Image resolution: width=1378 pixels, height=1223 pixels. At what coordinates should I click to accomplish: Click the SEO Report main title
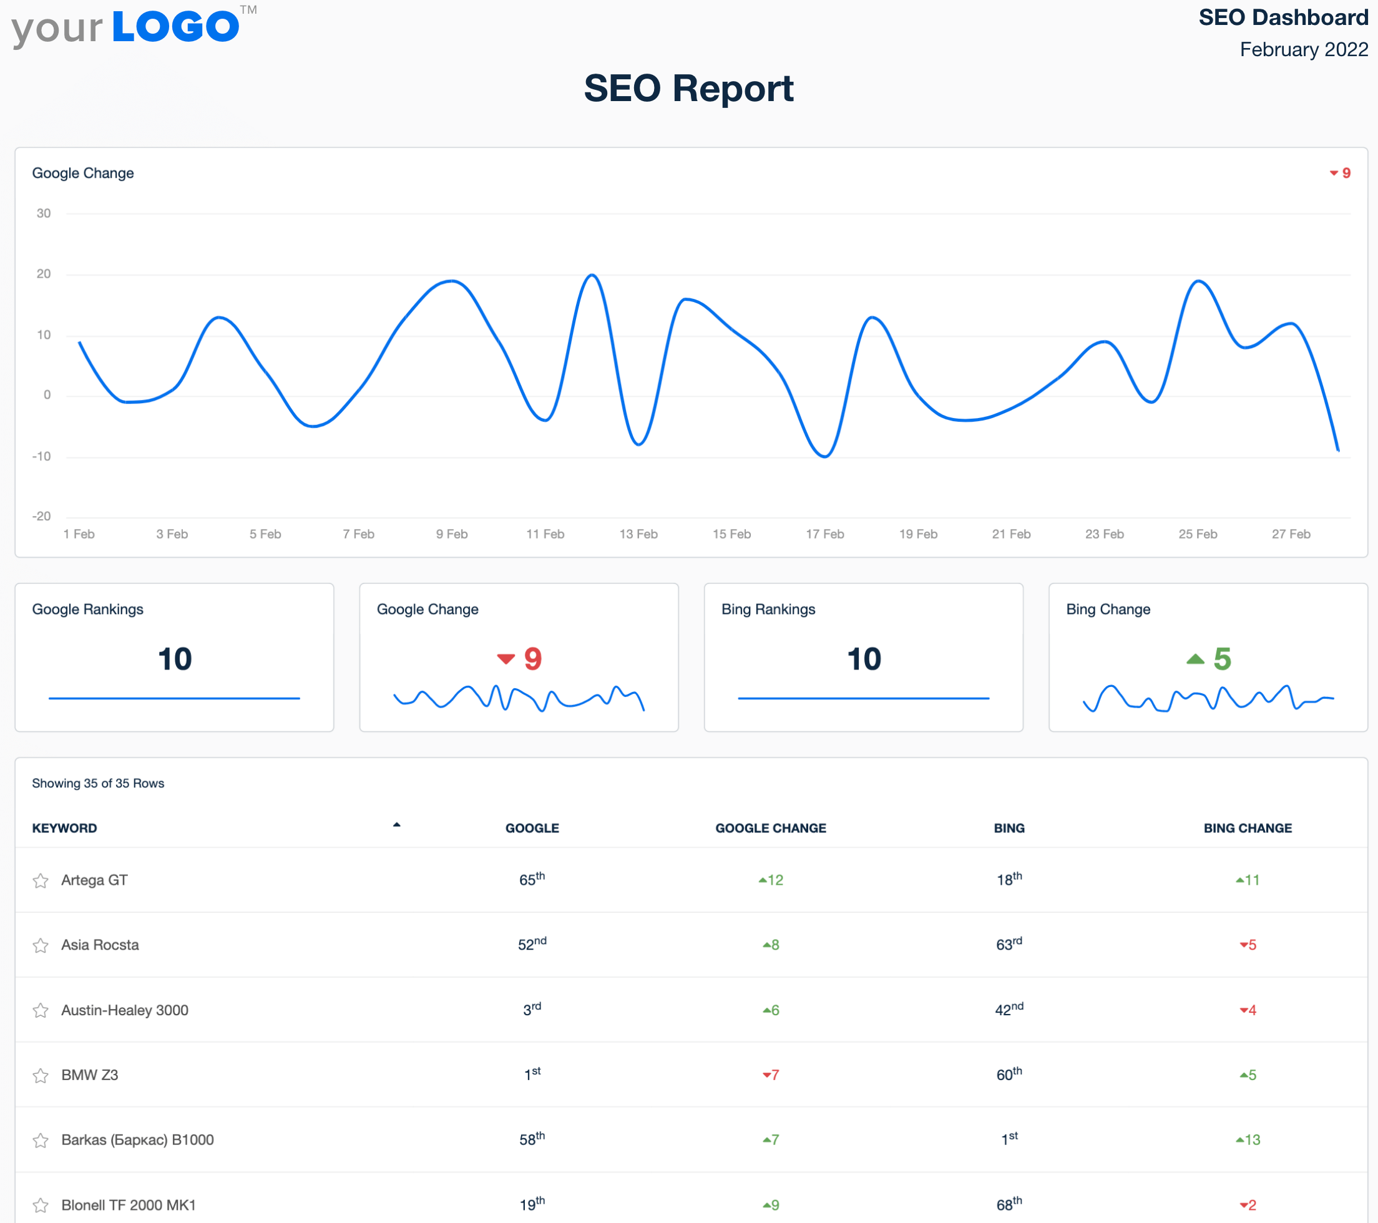(688, 89)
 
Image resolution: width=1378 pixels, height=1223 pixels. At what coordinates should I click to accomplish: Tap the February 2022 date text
(1303, 49)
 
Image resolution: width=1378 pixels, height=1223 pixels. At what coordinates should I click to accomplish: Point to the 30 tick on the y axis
(44, 213)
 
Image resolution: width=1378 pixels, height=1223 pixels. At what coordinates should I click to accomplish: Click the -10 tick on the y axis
(42, 456)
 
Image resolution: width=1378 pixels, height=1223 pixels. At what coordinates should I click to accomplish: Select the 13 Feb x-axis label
(638, 534)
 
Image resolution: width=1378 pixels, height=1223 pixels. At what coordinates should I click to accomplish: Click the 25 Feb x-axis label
(1197, 534)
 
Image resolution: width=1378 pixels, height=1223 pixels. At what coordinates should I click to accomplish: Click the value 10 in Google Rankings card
(175, 659)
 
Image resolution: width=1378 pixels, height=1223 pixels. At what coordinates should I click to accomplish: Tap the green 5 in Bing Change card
(1221, 659)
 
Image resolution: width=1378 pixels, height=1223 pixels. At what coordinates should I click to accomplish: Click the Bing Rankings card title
(768, 609)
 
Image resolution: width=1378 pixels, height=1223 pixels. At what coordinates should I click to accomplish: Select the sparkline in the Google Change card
(519, 698)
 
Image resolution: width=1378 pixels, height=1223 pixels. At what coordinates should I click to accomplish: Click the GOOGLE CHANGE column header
(770, 828)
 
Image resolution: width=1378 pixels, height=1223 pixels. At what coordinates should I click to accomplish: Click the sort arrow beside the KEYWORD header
(396, 824)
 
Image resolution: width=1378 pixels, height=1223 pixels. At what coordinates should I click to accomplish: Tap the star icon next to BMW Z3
(41, 1075)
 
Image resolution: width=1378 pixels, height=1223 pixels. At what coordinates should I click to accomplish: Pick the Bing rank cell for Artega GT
(1009, 879)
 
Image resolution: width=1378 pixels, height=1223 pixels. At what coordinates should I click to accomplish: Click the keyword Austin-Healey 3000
(125, 1010)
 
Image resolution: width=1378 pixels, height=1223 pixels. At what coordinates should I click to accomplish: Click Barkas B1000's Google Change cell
(771, 1139)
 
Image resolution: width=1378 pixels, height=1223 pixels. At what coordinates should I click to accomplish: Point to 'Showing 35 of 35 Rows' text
(99, 782)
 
